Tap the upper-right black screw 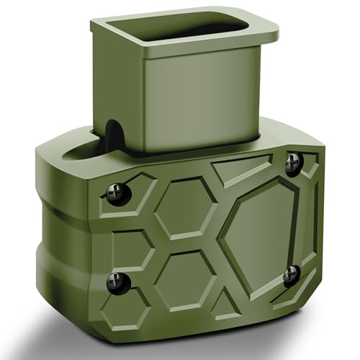pos(293,163)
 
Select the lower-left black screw pos(117,282)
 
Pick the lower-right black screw pos(292,274)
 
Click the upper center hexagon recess pos(185,207)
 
